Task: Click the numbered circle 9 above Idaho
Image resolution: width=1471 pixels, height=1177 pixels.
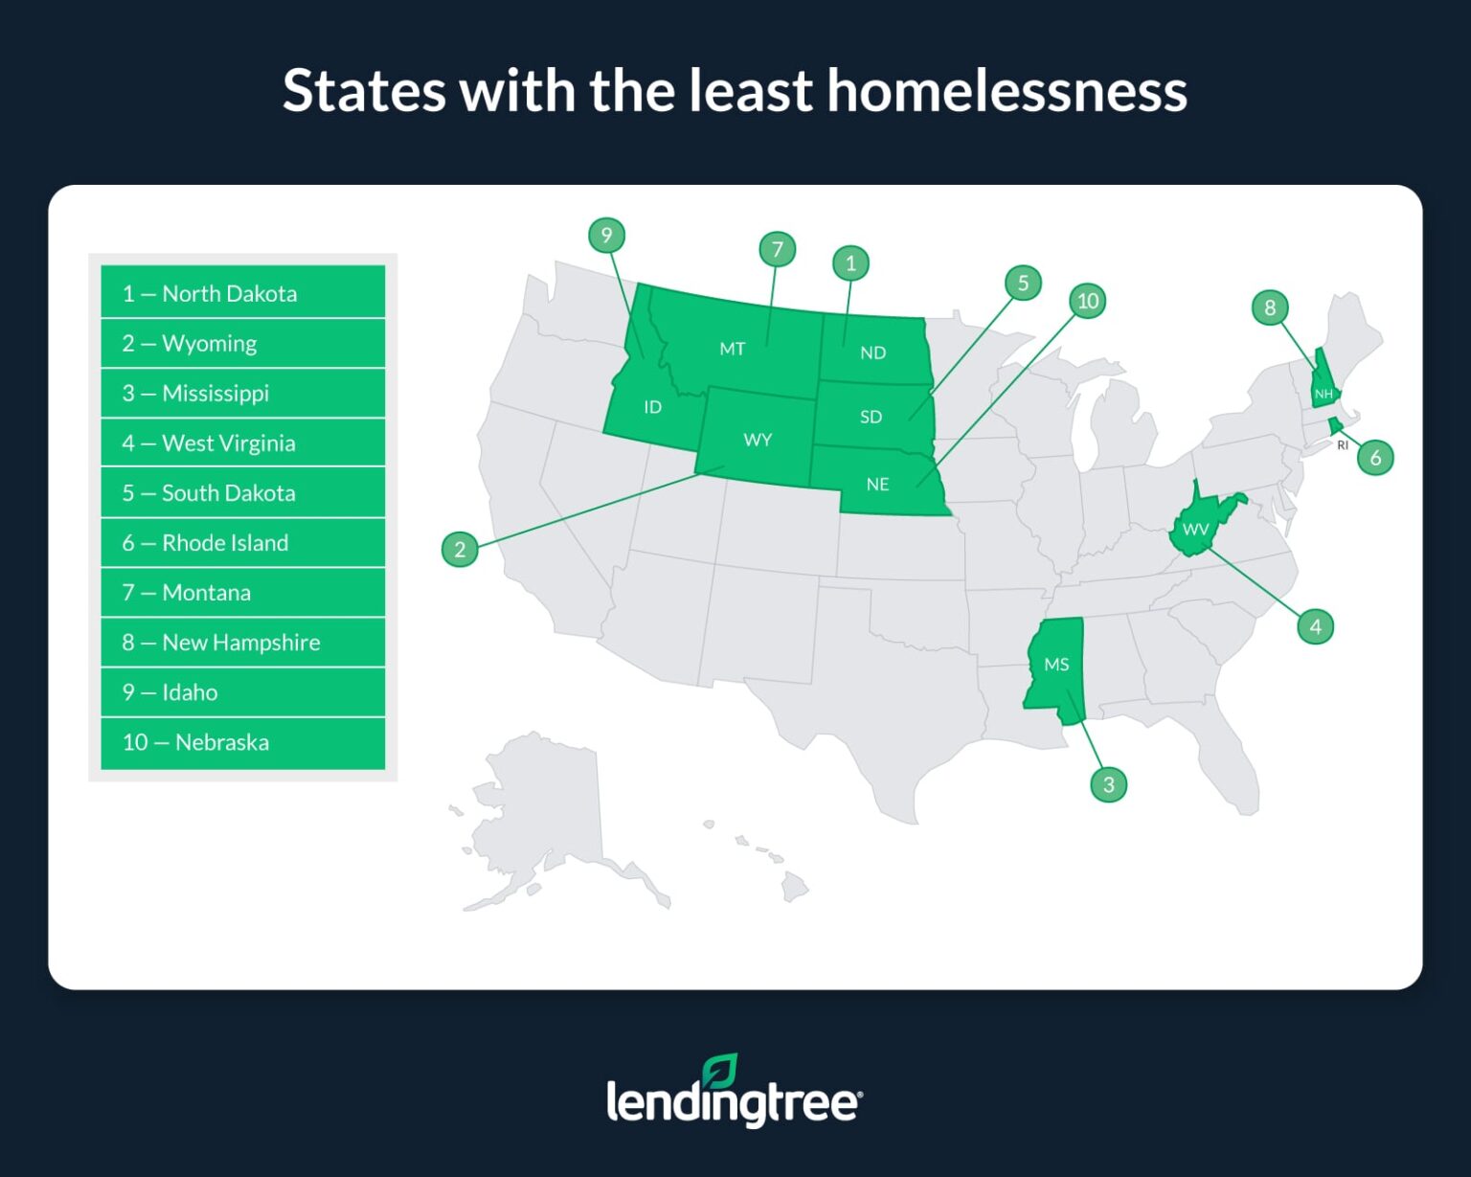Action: pos(606,236)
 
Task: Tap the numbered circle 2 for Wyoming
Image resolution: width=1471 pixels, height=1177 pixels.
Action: pos(460,549)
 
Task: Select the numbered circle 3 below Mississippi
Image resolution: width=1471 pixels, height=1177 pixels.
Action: pos(1108,784)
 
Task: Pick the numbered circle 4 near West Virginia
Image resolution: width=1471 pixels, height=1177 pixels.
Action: pos(1315,626)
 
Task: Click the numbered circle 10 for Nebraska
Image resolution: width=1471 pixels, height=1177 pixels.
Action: pos(1088,301)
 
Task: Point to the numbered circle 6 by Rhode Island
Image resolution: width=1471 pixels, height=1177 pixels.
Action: pos(1375,458)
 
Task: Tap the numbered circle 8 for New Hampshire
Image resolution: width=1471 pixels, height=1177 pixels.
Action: pos(1270,307)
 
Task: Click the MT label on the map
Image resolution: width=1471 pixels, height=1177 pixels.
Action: pos(733,349)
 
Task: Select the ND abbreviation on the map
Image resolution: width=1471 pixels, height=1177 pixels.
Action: pos(872,352)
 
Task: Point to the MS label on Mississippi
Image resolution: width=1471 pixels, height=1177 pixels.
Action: pos(1056,665)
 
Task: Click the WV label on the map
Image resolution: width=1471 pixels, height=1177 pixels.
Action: pos(1195,530)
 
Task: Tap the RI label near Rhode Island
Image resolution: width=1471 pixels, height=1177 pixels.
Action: pos(1343,445)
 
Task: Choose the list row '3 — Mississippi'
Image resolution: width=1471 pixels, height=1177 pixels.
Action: pos(243,393)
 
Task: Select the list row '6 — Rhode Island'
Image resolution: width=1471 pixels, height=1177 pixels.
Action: pos(243,542)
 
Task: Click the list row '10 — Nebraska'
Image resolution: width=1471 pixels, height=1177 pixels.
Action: pos(243,742)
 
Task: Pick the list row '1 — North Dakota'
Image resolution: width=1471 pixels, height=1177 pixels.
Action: pos(243,293)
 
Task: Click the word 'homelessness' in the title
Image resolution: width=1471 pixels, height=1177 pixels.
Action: pos(1007,91)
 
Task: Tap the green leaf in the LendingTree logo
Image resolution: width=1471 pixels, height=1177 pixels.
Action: pos(719,1070)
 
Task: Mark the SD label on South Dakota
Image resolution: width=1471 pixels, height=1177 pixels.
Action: pos(871,417)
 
